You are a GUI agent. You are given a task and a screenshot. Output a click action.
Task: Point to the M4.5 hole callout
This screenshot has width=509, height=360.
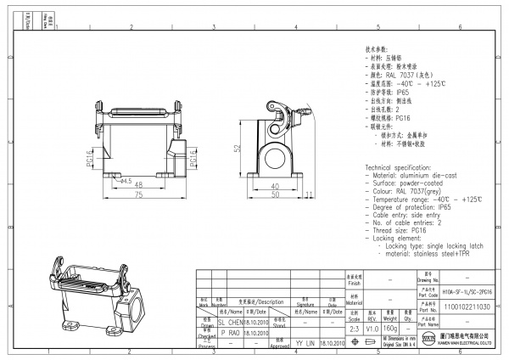coord(125,180)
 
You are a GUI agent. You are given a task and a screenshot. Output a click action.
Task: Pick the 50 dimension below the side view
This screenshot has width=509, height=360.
coord(275,194)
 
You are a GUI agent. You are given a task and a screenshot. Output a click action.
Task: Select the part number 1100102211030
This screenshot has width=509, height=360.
coord(467,306)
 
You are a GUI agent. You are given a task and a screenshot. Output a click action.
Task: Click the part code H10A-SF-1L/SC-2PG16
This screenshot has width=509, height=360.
coord(467,290)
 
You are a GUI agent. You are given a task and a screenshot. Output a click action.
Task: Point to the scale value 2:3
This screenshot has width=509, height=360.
coord(354,328)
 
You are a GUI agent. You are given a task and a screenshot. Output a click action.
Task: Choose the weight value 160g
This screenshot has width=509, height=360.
coord(391,328)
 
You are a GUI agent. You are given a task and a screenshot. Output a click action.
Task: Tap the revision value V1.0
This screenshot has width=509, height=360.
coord(372,328)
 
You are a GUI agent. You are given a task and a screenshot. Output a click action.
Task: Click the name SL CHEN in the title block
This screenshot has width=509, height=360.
coord(231,323)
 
